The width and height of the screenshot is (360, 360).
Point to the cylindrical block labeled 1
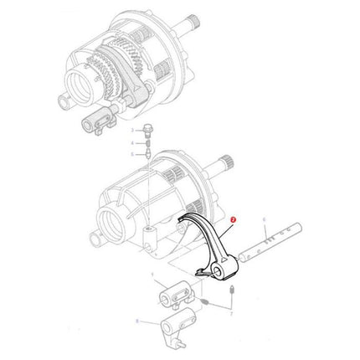click(x=174, y=295)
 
